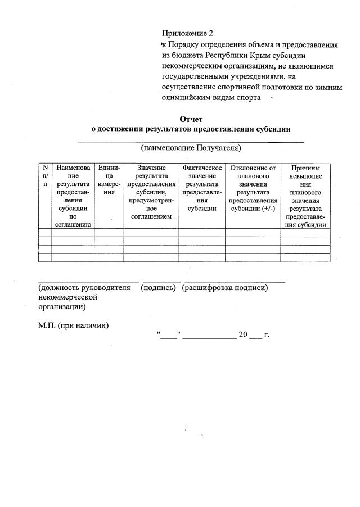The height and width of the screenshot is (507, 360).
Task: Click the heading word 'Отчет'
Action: [190, 119]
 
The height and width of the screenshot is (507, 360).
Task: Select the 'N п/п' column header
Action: [45, 176]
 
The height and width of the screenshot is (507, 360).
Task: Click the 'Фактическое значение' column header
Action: [202, 188]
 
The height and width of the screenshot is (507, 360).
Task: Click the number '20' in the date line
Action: [243, 335]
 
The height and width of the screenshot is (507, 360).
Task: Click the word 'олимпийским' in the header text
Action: [186, 97]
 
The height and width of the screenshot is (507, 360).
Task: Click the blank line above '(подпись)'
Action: [161, 280]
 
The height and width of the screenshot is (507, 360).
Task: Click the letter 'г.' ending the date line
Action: [267, 335]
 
